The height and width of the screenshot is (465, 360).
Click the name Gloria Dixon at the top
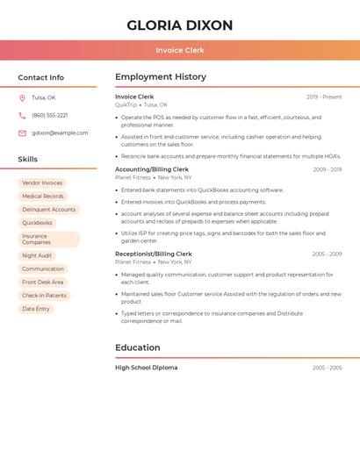click(180, 25)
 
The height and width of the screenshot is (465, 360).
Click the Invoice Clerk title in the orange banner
click(180, 50)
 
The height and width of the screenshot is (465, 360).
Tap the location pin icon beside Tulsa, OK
click(22, 98)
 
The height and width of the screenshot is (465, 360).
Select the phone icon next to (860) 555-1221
click(22, 116)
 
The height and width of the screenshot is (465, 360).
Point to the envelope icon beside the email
click(22, 133)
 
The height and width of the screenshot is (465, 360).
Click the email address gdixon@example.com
click(60, 133)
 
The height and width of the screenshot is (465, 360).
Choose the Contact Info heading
click(40, 77)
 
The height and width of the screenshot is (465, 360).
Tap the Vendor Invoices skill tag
click(42, 183)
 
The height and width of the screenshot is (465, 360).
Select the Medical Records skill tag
click(43, 197)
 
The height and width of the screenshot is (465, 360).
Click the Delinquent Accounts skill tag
click(49, 210)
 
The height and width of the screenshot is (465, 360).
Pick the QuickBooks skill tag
click(37, 223)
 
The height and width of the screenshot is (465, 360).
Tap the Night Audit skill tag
click(37, 256)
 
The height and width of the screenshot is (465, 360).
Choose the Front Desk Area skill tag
click(43, 283)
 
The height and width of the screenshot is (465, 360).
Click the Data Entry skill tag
click(36, 309)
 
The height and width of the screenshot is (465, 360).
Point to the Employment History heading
click(161, 77)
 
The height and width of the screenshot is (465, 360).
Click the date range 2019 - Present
click(324, 97)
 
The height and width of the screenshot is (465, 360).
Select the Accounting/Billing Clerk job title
click(152, 169)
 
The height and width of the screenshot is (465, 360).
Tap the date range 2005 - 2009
click(327, 254)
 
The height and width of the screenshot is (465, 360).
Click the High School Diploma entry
click(146, 368)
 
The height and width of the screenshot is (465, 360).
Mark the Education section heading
click(138, 347)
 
